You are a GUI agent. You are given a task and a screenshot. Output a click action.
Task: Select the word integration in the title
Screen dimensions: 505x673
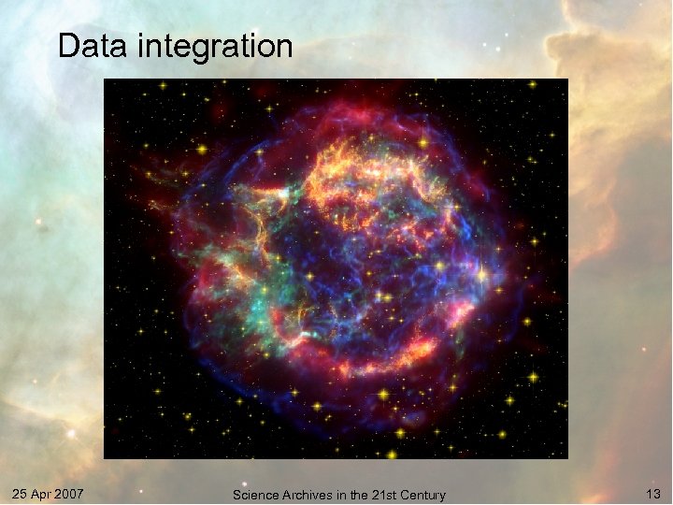click(x=217, y=46)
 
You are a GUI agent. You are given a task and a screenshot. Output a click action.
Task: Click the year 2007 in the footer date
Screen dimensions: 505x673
click(x=67, y=493)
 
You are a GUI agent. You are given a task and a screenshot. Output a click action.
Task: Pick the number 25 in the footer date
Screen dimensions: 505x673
click(x=20, y=493)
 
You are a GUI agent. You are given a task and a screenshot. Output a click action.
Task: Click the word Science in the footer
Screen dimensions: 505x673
click(x=255, y=495)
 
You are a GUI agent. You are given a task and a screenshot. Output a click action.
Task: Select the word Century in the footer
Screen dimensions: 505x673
click(x=423, y=495)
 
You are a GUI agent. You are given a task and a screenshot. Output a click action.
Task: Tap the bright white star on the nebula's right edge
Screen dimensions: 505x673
click(x=481, y=275)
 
